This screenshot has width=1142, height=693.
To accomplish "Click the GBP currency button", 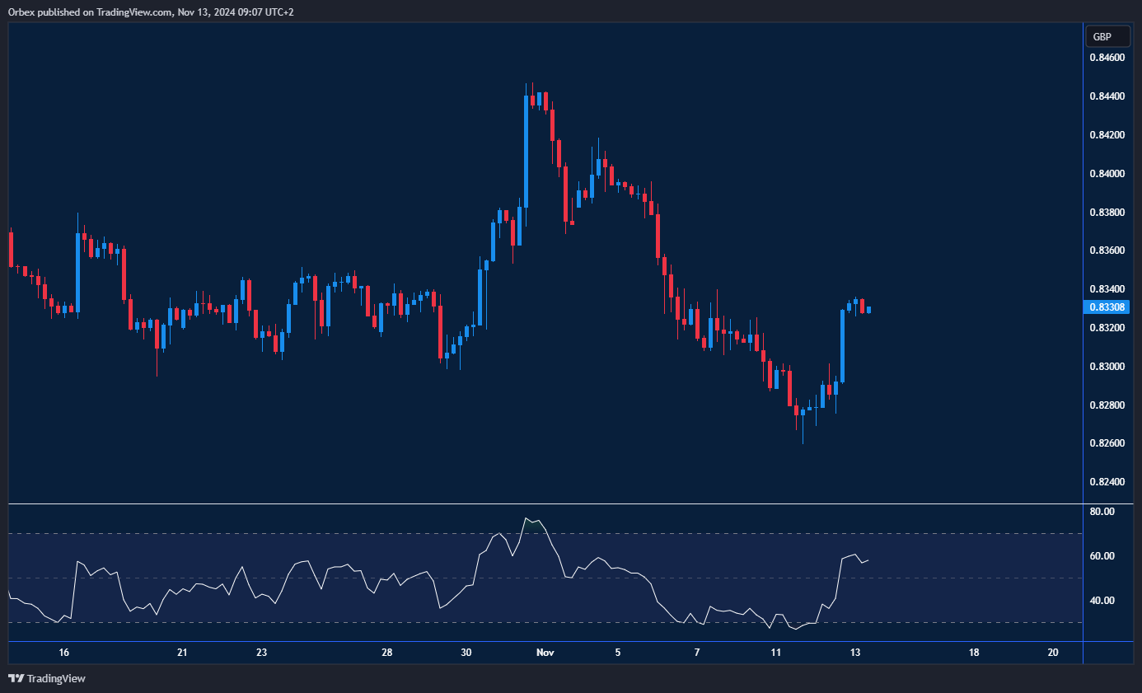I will (1107, 36).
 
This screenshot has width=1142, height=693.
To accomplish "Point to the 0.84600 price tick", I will (1107, 58).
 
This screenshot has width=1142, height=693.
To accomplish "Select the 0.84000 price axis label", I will (1107, 174).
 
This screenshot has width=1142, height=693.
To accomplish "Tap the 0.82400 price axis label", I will (1107, 482).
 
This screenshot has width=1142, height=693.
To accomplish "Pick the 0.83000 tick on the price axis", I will (1107, 367).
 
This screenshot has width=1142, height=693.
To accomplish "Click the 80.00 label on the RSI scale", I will (1102, 512).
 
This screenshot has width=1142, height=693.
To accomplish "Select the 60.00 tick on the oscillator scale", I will (1102, 556).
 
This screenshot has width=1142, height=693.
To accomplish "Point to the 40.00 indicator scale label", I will (1102, 601).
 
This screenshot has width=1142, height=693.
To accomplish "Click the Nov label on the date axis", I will (545, 653).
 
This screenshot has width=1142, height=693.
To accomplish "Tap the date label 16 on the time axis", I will (64, 653).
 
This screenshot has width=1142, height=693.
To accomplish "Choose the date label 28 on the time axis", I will (386, 653).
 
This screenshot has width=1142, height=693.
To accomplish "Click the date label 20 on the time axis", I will (1053, 653).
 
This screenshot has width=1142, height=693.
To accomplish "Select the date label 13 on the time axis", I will (855, 653).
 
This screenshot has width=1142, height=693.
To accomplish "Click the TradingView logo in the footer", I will (47, 679).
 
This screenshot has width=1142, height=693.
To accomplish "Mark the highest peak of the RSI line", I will (526, 518).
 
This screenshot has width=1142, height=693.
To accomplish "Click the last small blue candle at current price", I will (868, 310).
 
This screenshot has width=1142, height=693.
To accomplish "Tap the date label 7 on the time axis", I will (697, 653).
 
